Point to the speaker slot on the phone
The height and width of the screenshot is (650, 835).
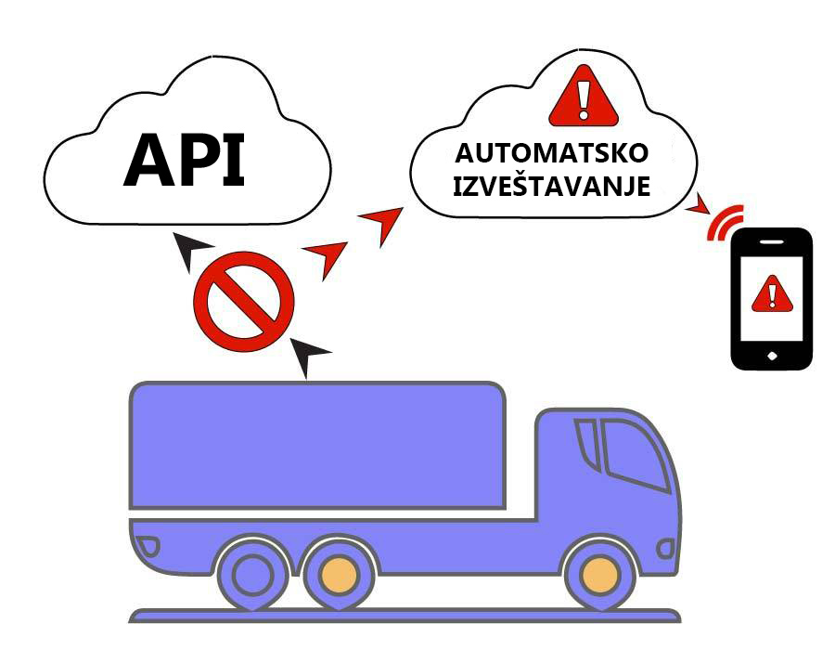pyautogui.click(x=771, y=241)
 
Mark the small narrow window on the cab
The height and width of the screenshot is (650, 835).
pyautogui.click(x=586, y=443)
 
